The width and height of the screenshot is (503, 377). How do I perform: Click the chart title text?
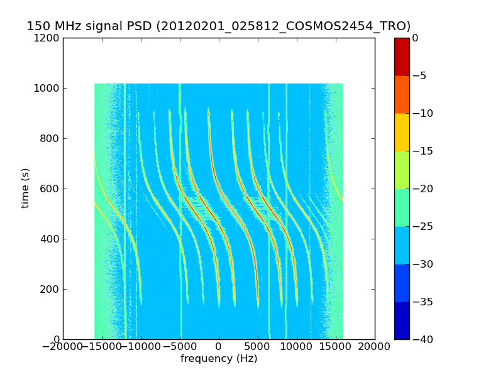click(x=218, y=26)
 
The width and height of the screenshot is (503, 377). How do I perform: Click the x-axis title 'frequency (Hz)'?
click(x=219, y=359)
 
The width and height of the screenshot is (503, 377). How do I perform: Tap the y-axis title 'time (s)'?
click(x=25, y=188)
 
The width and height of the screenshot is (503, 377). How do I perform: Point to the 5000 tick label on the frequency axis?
click(x=258, y=347)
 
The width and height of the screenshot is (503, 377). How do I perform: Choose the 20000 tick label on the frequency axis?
click(x=375, y=347)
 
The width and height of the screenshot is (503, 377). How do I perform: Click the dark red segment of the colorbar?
click(x=402, y=57)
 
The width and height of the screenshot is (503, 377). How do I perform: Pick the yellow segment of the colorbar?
click(x=402, y=132)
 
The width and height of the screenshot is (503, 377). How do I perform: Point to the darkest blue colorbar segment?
click(x=402, y=320)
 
